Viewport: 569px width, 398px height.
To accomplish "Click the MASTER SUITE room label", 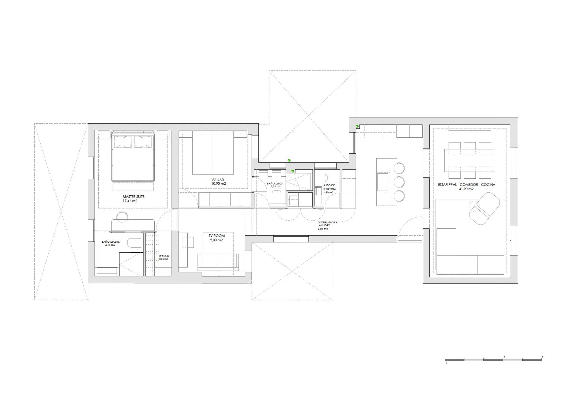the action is click(x=133, y=196).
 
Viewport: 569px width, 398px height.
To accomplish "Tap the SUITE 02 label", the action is click(x=218, y=179).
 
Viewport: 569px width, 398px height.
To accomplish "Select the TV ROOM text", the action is click(x=217, y=236).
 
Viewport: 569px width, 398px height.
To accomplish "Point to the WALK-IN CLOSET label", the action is click(x=164, y=257).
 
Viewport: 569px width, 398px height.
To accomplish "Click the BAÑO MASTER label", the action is click(x=111, y=242).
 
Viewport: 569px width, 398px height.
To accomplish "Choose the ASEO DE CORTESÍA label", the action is click(x=329, y=187).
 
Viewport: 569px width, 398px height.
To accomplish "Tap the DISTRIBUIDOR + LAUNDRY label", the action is click(x=327, y=224).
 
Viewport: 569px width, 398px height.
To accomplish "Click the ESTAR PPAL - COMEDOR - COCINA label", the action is click(x=466, y=185).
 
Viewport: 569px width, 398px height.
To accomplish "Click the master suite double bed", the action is click(x=133, y=156).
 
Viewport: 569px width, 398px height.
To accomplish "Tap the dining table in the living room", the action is click(x=469, y=160).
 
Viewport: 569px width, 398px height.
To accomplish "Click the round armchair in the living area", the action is click(x=482, y=208).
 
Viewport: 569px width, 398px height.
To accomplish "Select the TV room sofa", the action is click(x=218, y=262).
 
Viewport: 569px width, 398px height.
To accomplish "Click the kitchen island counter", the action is click(x=386, y=182).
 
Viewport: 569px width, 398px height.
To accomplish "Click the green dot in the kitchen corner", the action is click(x=357, y=126).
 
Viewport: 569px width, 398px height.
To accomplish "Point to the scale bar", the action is click(x=494, y=360).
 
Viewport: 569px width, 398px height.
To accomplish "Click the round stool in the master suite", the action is click(x=122, y=217).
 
